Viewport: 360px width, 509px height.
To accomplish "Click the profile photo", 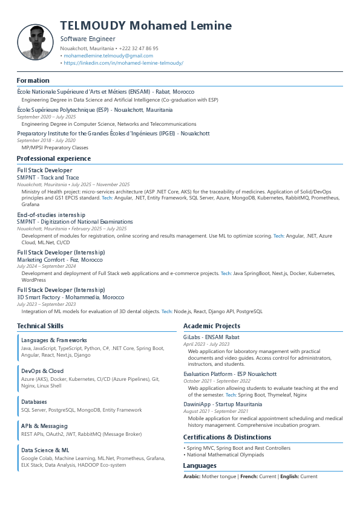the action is tap(36, 42).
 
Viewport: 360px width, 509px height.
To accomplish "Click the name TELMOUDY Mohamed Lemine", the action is tap(146, 25).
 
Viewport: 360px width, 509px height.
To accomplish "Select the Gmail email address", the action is tap(108, 56).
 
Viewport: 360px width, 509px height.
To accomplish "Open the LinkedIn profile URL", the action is tap(123, 63).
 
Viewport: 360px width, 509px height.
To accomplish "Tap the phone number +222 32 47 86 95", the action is tap(139, 48).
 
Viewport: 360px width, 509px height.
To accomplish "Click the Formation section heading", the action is tap(33, 80).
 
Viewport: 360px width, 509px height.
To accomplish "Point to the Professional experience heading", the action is tap(54, 158).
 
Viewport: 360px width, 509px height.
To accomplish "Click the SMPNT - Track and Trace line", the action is tap(48, 178).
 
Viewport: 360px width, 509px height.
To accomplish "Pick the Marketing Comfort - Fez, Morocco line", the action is tap(60, 259).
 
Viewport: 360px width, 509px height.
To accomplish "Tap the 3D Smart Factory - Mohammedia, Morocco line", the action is tap(71, 297).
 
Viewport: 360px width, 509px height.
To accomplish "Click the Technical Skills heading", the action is tap(40, 326).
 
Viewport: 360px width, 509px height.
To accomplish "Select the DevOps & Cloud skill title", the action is tap(42, 371).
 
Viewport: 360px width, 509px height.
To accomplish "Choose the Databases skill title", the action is tap(34, 401).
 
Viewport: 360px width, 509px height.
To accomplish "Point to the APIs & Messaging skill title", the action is tap(44, 426).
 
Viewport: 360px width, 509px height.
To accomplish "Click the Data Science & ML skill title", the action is tap(45, 450).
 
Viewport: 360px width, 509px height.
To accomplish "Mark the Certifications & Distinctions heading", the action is tap(227, 437).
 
